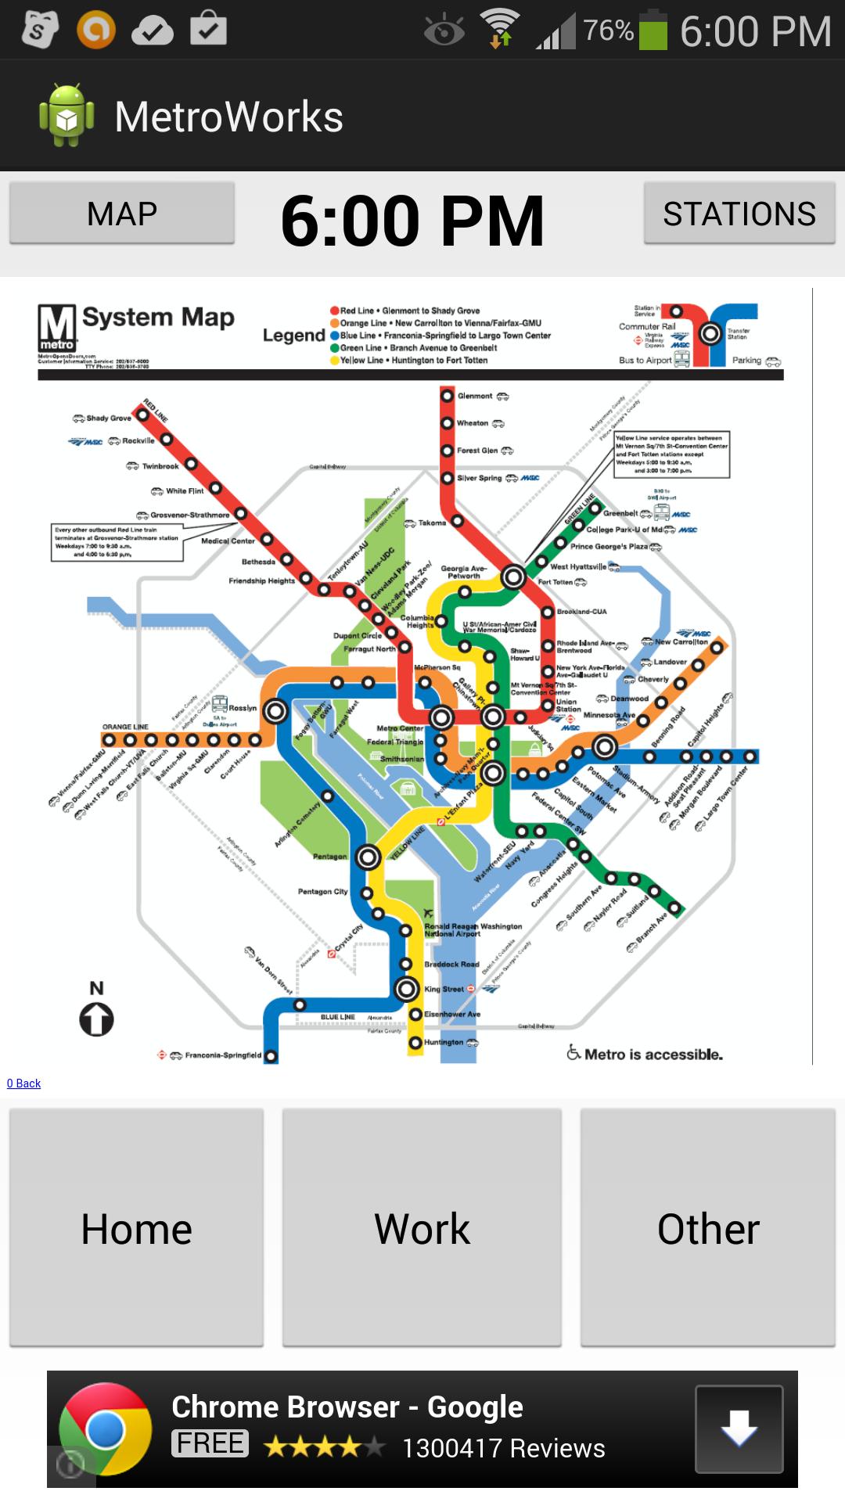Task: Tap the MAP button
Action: (122, 214)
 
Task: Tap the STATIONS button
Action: (739, 214)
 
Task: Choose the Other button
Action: (707, 1228)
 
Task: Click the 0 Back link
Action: (23, 1083)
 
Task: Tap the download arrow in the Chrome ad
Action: (739, 1428)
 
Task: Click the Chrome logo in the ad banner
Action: (106, 1428)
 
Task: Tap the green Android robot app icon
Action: (67, 116)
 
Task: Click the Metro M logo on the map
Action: (57, 328)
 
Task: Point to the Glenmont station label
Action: (475, 396)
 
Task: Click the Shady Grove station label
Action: (108, 419)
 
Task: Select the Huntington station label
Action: (444, 1042)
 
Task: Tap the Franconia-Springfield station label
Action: (222, 1055)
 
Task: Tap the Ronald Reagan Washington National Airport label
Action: (473, 929)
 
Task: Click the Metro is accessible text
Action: (653, 1055)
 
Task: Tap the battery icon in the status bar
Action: (653, 31)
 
